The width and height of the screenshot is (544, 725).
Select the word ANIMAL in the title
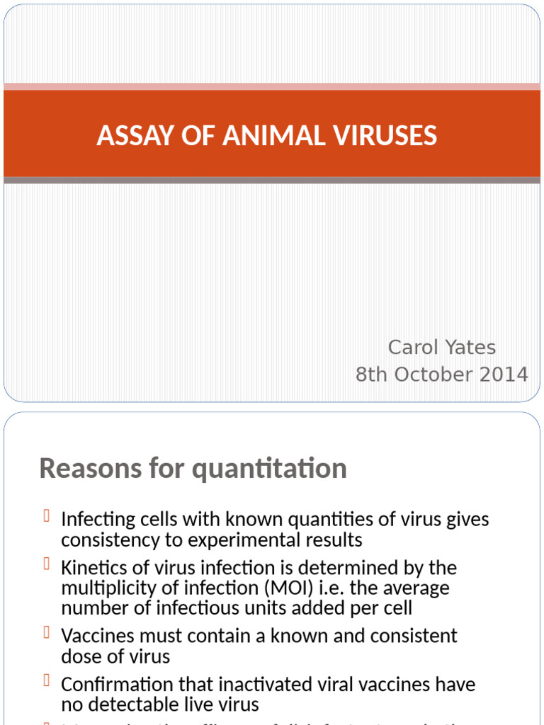(273, 135)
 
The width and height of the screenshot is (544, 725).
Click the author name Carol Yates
(441, 347)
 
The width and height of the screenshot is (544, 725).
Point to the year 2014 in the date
(502, 374)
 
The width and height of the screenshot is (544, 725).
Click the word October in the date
(436, 374)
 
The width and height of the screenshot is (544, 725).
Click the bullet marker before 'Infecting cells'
(46, 517)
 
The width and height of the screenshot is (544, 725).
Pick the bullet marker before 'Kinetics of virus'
(46, 565)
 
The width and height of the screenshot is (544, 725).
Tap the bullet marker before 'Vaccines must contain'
(46, 633)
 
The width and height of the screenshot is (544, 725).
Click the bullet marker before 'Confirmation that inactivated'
(46, 682)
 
